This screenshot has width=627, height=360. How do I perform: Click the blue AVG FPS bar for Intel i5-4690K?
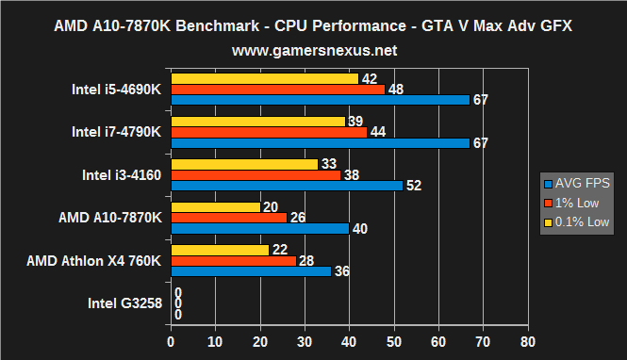(320, 100)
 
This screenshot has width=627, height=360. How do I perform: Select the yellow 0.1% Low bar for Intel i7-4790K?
(257, 122)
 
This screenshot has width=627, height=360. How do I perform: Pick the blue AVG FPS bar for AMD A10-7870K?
(259, 228)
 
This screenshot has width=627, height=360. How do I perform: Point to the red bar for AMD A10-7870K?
(228, 218)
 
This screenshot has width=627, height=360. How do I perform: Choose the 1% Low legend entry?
(576, 203)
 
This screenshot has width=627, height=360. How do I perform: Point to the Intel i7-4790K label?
(116, 132)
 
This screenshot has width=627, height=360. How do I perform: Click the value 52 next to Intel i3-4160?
(413, 186)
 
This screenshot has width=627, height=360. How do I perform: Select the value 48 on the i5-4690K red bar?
(395, 90)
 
